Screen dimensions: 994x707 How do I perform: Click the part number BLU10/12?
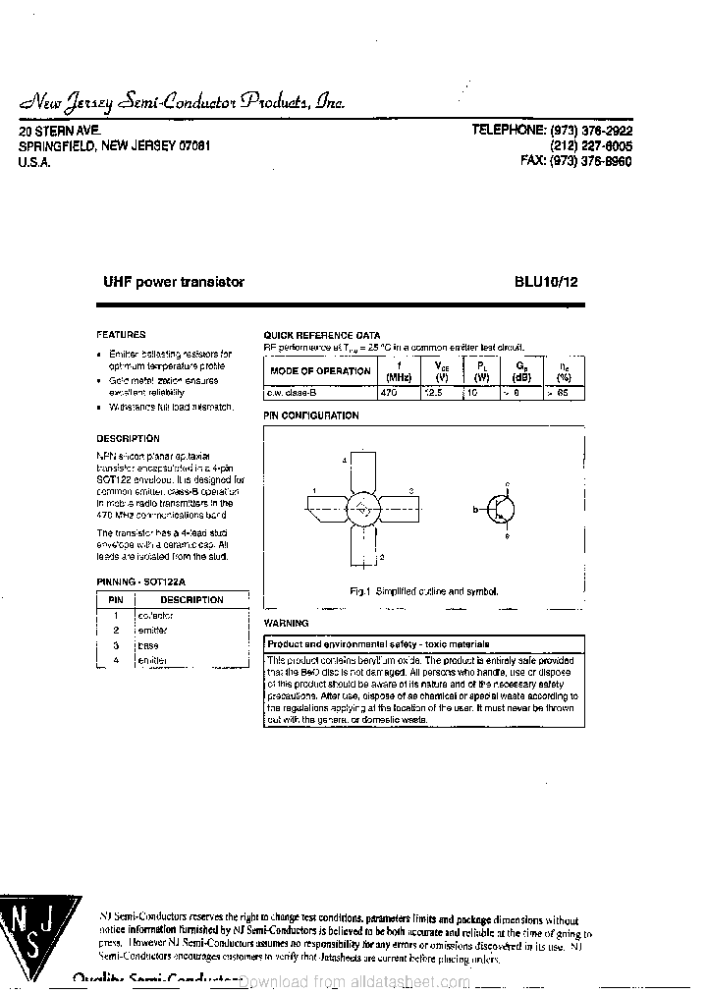pyautogui.click(x=546, y=282)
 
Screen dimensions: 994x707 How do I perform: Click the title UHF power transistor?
pyautogui.click(x=174, y=282)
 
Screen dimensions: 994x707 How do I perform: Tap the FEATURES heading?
pyautogui.click(x=121, y=334)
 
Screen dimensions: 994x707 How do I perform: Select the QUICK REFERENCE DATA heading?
pyautogui.click(x=321, y=335)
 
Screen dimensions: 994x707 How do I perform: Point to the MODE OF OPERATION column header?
pyautogui.click(x=320, y=370)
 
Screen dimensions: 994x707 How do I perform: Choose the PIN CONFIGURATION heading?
pyautogui.click(x=311, y=415)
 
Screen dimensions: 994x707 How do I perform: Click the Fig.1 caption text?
pyautogui.click(x=424, y=591)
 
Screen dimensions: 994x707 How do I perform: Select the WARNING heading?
pyautogui.click(x=286, y=623)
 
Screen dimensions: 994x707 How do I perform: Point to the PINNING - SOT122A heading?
pyautogui.click(x=141, y=581)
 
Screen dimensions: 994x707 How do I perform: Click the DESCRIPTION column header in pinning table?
pyautogui.click(x=191, y=599)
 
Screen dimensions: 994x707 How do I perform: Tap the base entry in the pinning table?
pyautogui.click(x=148, y=645)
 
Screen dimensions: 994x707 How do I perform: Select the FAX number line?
pyautogui.click(x=575, y=160)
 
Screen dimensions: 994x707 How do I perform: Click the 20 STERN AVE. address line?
pyautogui.click(x=59, y=130)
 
